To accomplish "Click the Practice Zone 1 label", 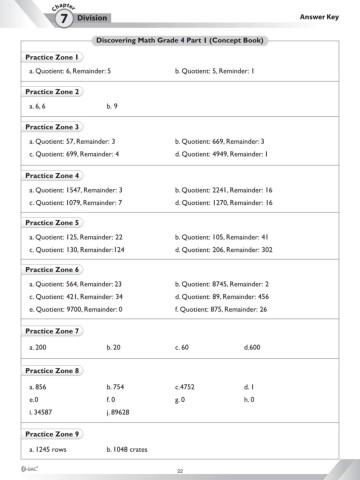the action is pos(52,58).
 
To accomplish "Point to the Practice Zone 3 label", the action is pos(52,128).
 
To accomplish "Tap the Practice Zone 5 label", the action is pos(52,223).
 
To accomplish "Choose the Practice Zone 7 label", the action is pos(52,330).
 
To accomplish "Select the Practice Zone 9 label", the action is pos(52,435).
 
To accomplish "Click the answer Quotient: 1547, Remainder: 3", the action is pos(76,189).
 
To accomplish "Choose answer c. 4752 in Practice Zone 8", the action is pos(184,386).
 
